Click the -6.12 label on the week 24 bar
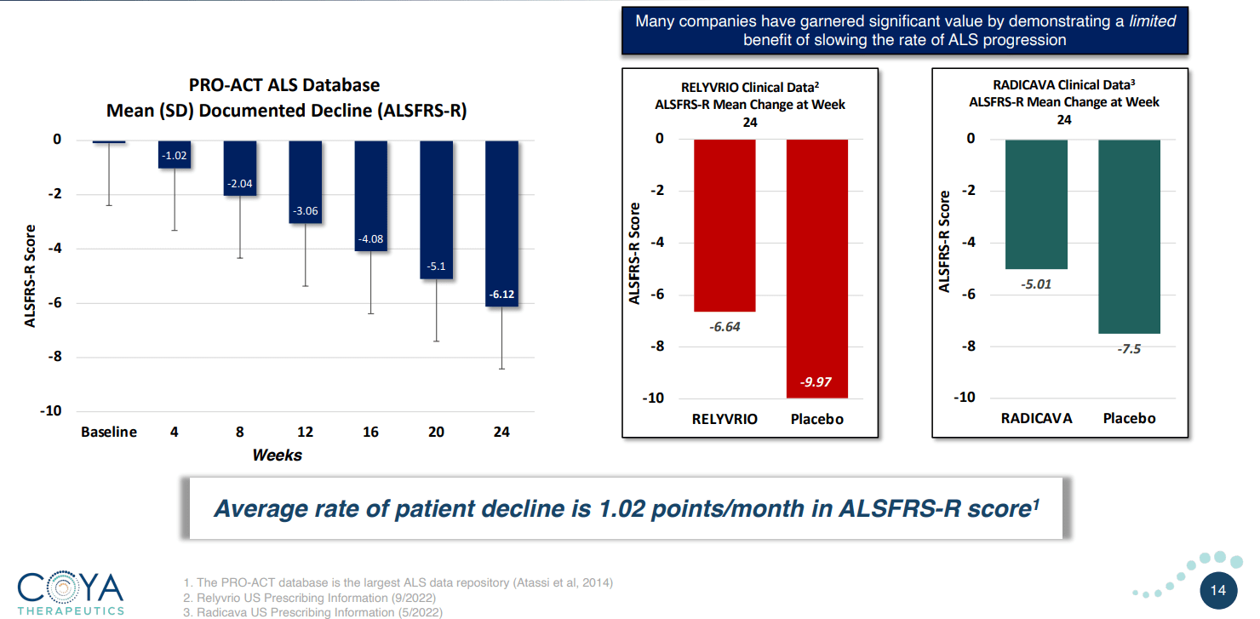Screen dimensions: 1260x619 pyautogui.click(x=501, y=295)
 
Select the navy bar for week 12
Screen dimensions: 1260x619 pyautogui.click(x=306, y=181)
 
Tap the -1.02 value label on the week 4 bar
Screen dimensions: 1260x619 pyautogui.click(x=175, y=156)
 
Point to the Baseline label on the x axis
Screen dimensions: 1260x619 pyautogui.click(x=109, y=432)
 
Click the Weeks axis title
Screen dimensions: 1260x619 pyautogui.click(x=277, y=455)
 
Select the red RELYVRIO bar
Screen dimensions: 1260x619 pyautogui.click(x=724, y=225)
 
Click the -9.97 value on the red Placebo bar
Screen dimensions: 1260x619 pyautogui.click(x=816, y=382)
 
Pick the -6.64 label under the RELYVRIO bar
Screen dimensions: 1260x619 pyautogui.click(x=724, y=327)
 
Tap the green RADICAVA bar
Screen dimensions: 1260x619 pyautogui.click(x=1036, y=204)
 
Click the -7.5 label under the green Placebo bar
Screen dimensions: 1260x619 pyautogui.click(x=1128, y=349)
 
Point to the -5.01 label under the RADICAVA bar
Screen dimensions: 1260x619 pyautogui.click(x=1036, y=284)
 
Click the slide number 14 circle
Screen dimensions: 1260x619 pyautogui.click(x=1217, y=590)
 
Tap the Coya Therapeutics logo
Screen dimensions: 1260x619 pyautogui.click(x=71, y=593)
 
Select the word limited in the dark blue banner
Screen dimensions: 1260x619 pyautogui.click(x=1152, y=21)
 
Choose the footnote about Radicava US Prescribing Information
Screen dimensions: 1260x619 pyautogui.click(x=312, y=612)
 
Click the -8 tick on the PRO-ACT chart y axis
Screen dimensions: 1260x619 pyautogui.click(x=54, y=357)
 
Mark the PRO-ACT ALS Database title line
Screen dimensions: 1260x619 pyautogui.click(x=284, y=85)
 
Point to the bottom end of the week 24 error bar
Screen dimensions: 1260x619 pyautogui.click(x=501, y=369)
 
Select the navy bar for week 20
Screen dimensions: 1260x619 pyautogui.click(x=437, y=209)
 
